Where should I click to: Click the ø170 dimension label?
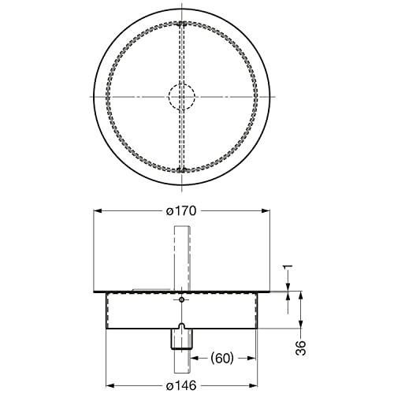(181, 210)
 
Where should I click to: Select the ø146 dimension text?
(181, 385)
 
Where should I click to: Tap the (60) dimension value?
(222, 359)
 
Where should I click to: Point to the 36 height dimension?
(300, 348)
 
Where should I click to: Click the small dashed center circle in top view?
(182, 97)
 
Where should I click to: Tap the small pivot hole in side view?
(181, 299)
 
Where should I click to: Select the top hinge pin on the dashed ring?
(182, 24)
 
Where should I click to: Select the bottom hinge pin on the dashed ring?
(182, 170)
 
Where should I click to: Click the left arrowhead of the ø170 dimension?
(98, 210)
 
